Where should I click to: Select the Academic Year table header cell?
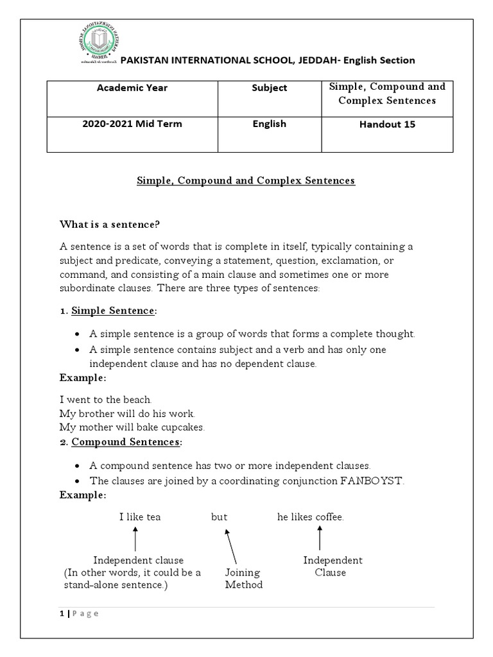[132, 88]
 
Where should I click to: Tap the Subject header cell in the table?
[270, 88]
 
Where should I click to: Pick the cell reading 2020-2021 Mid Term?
[132, 124]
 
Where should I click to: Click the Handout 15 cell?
[387, 124]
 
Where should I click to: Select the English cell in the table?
[270, 124]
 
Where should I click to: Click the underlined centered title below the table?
[246, 181]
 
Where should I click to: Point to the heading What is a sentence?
[110, 224]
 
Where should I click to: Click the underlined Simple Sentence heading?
[113, 311]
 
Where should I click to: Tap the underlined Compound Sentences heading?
[126, 442]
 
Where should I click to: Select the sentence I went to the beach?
[106, 400]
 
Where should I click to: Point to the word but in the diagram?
[220, 517]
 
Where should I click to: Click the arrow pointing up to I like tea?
[135, 538]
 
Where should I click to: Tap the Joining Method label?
[243, 579]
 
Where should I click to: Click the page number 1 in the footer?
[62, 613]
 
